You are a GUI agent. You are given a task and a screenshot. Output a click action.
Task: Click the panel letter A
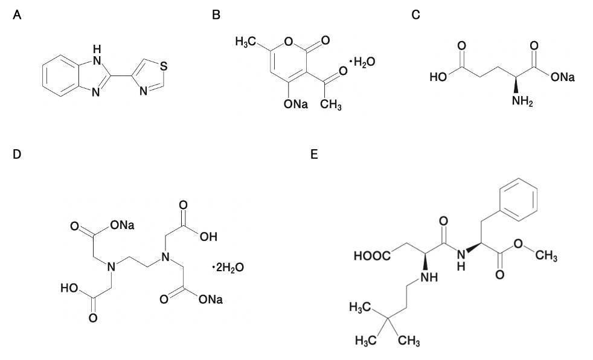17,15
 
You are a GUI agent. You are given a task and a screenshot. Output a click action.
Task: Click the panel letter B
216,15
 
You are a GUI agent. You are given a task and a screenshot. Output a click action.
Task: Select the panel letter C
415,15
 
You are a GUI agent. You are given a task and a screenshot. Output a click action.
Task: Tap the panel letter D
17,154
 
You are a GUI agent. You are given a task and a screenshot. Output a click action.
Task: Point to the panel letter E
314,154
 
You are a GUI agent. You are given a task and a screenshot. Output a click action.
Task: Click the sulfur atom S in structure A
164,66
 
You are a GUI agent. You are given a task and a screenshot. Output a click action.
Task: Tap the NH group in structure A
97,54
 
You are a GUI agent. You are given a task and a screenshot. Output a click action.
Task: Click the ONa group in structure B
296,104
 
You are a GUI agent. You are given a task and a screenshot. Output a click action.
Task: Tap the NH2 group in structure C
523,101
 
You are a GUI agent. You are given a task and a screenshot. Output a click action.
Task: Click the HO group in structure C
438,77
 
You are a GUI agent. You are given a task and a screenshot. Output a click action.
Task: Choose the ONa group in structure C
563,77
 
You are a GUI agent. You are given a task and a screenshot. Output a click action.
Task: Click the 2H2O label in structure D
229,268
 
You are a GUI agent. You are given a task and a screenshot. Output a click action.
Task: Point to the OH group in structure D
208,237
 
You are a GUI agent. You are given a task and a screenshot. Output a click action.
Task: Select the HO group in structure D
69,289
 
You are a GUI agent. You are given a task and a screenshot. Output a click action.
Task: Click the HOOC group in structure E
372,256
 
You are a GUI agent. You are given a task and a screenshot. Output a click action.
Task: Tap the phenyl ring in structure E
519,200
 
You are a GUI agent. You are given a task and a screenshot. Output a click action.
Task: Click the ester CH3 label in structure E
546,256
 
